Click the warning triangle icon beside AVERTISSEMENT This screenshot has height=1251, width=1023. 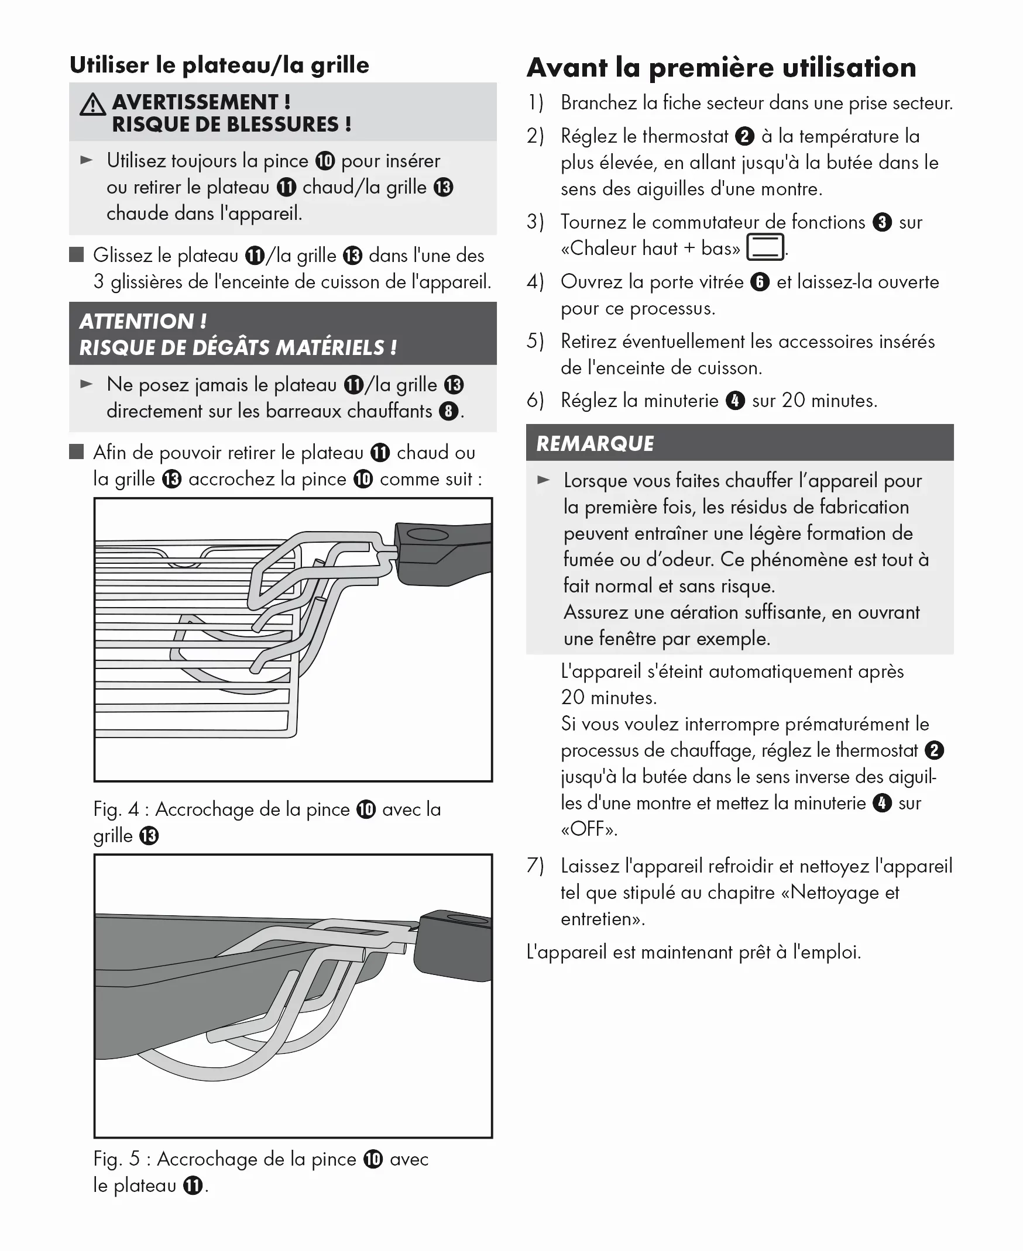click(92, 105)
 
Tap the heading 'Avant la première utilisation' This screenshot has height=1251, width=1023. click(721, 68)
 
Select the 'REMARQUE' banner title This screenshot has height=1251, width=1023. click(595, 443)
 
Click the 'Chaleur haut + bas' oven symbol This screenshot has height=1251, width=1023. click(765, 247)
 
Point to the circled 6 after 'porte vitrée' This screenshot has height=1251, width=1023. click(760, 282)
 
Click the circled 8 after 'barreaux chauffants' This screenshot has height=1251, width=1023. click(448, 411)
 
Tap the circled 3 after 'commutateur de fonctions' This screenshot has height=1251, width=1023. click(881, 222)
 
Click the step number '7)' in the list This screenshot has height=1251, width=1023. click(535, 866)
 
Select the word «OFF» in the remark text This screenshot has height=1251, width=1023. click(589, 829)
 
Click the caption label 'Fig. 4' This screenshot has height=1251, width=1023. click(116, 809)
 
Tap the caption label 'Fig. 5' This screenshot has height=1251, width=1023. click(116, 1159)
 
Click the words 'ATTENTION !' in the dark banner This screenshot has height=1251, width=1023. click(143, 322)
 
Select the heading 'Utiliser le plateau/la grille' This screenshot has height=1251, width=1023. click(219, 65)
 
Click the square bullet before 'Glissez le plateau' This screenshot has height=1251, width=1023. click(77, 255)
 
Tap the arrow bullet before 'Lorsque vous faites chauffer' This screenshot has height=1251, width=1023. click(543, 480)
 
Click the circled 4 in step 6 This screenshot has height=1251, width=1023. click(735, 401)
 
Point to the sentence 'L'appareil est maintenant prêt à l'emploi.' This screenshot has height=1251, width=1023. click(693, 952)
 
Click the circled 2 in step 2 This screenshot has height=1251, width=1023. click(745, 136)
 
